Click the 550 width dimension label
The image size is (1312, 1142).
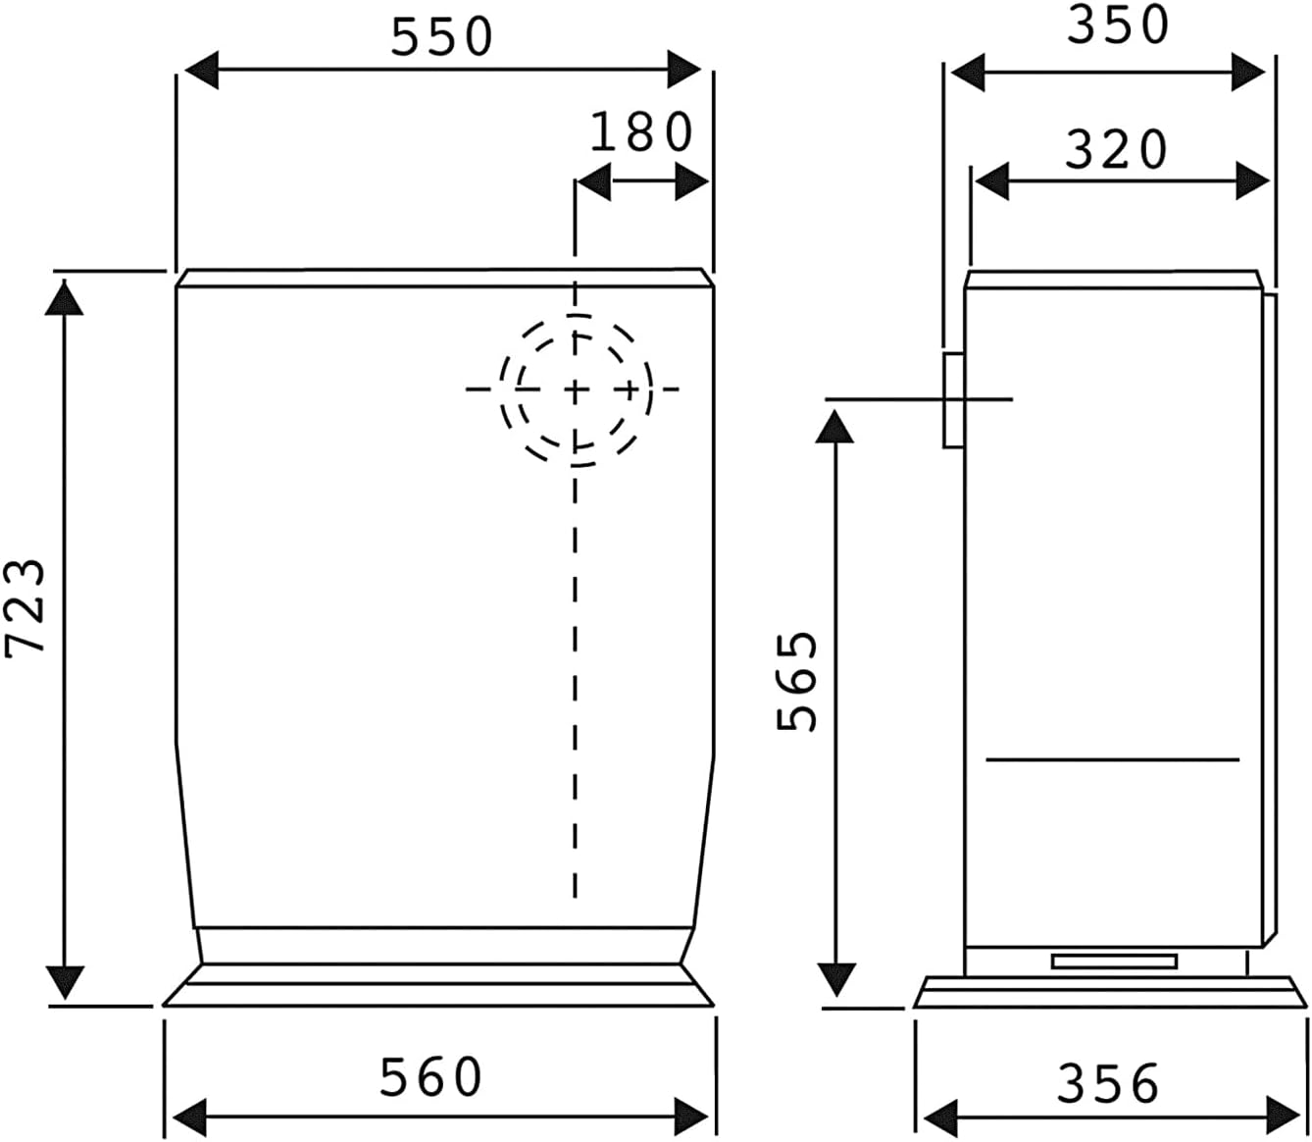point(442,36)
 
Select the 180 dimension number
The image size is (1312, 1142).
point(641,132)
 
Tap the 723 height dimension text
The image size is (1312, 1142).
point(25,607)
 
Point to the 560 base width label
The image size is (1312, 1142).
point(430,1076)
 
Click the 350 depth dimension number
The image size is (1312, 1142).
point(1119,26)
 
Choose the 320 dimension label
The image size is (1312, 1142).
point(1116,149)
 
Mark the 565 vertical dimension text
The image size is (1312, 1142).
point(797,682)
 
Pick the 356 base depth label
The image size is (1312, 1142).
point(1107,1083)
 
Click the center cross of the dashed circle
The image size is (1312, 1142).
point(576,389)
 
